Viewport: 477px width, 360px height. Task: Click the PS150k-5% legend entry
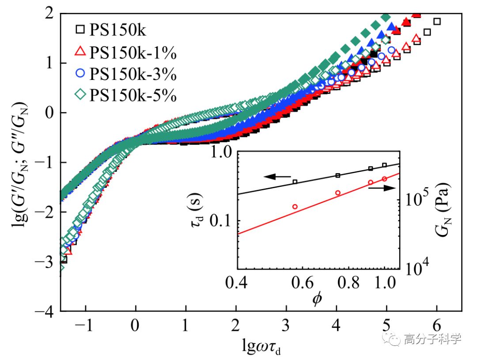pos(126,95)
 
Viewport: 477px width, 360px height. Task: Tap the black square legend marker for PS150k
pos(79,30)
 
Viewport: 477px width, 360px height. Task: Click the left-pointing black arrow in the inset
pos(277,177)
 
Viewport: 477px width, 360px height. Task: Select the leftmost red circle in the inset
pos(295,206)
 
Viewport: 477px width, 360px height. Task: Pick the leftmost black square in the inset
pos(295,182)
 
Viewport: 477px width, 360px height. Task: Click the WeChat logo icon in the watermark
pos(391,339)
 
